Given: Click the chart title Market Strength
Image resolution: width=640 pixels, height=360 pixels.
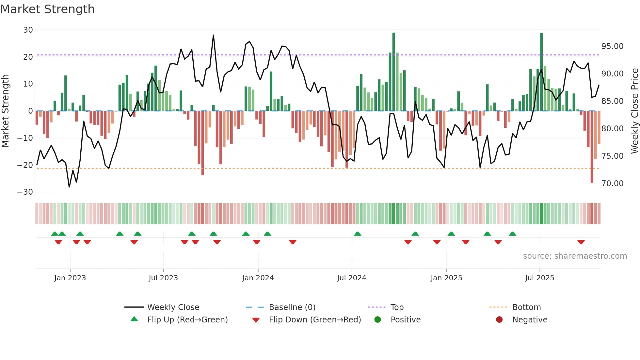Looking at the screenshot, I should (47, 9).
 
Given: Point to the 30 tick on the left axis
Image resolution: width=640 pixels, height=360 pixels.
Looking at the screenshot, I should (28, 30).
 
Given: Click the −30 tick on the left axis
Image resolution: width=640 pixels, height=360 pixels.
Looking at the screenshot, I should (25, 192).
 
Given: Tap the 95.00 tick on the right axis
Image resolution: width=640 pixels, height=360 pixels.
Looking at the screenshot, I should (612, 46).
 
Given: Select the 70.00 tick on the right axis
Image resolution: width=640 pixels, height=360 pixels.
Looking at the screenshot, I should (612, 184).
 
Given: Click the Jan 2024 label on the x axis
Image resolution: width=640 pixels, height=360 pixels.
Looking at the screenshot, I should (258, 278).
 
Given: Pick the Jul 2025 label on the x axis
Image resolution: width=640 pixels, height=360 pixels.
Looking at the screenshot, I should (539, 278).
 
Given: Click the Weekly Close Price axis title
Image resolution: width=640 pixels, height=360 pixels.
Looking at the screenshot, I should (634, 111).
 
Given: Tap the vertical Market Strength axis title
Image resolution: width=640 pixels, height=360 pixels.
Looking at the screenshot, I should (5, 111).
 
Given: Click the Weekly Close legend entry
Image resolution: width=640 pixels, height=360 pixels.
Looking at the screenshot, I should (173, 307).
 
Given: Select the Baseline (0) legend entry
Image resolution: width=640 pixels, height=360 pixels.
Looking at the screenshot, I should (292, 307).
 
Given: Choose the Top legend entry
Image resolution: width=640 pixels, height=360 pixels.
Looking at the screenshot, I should (397, 307).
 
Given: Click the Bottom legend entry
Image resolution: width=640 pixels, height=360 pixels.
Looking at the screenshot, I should (526, 307).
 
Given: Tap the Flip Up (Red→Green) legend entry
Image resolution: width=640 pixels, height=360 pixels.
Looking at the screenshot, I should (187, 320).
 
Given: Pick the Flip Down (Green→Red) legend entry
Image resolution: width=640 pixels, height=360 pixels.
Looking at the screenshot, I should (315, 320).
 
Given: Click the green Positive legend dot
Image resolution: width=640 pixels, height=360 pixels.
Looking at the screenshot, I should (377, 320).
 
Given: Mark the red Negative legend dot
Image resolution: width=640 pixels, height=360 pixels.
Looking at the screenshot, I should (499, 320).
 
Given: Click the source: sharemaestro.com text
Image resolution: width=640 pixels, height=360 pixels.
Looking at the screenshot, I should (575, 256).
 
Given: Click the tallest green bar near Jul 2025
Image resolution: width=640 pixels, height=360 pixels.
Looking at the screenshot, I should (541, 72).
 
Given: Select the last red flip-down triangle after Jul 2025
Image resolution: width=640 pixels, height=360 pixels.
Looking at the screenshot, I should (581, 242).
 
